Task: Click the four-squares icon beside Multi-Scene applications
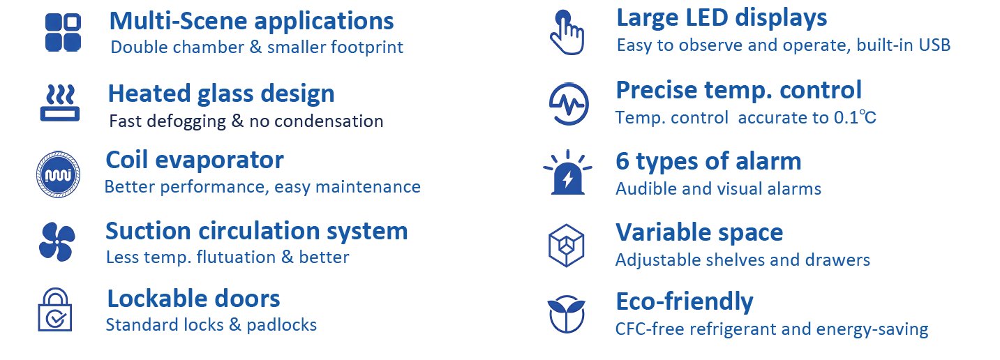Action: coord(63,33)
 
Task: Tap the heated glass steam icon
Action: coord(60,103)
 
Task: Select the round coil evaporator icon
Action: coord(58,174)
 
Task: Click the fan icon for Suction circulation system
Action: coord(57,241)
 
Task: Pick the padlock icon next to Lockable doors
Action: coord(55,310)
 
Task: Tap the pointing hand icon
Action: coord(567,33)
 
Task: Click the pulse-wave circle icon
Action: coord(568,103)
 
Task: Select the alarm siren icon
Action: coord(567,172)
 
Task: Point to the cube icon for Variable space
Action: coord(566,246)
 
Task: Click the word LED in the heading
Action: coord(707,18)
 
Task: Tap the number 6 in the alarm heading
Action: coord(622,161)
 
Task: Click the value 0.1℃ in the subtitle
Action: coord(855,118)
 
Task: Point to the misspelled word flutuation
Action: coord(236,257)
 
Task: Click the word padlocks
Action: coord(282,325)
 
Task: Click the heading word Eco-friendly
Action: coord(685,301)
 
